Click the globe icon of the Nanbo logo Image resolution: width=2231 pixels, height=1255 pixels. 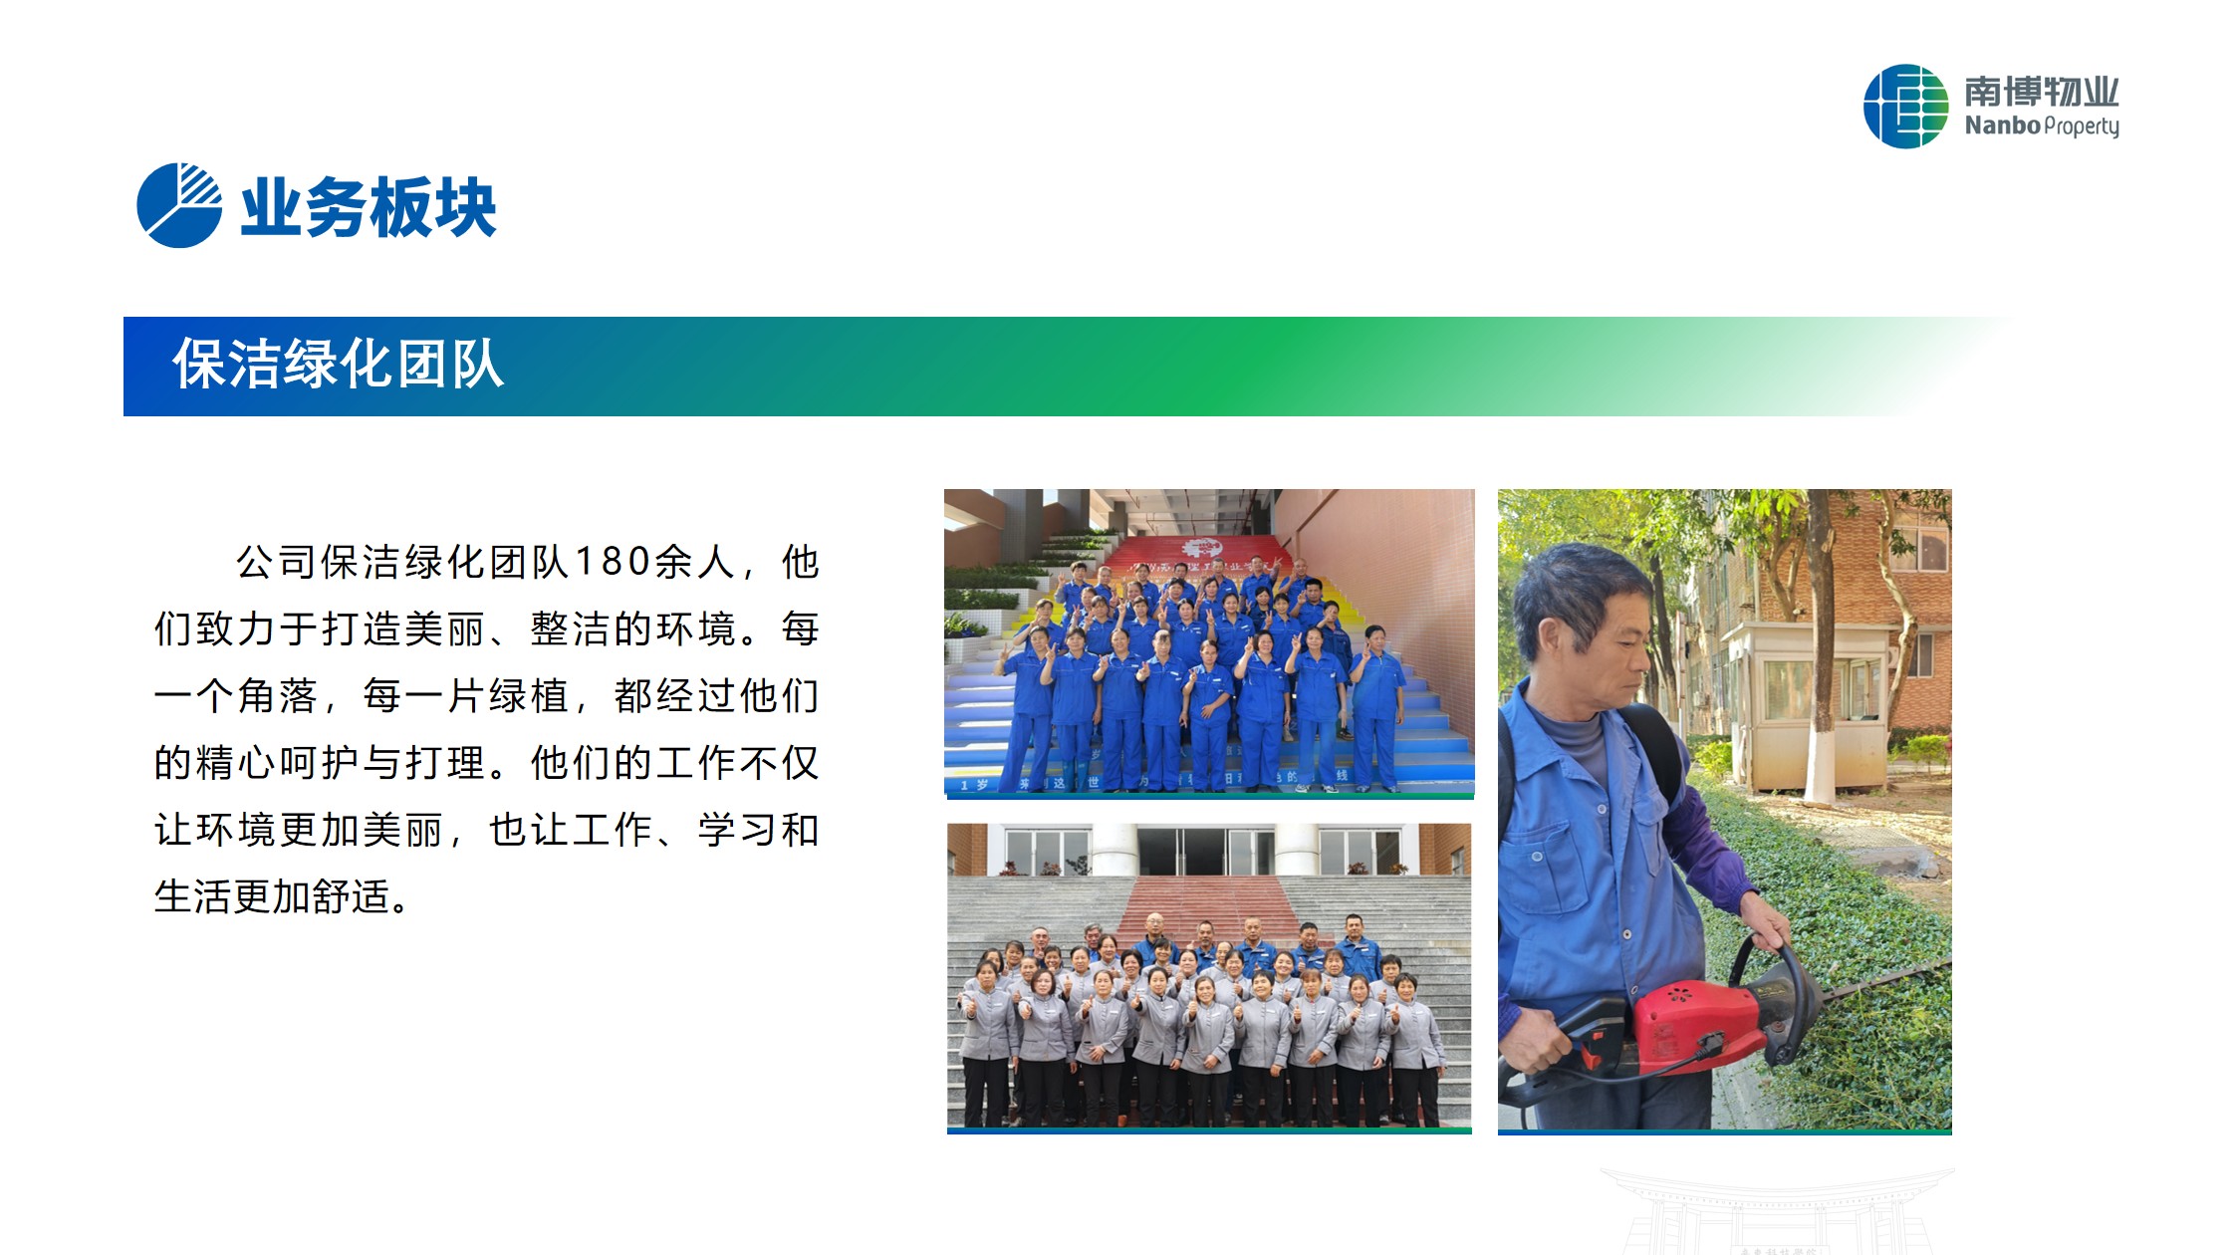pyautogui.click(x=1905, y=107)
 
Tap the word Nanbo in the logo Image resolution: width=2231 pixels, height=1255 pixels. pyautogui.click(x=2002, y=125)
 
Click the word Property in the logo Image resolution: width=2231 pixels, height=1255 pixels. pyautogui.click(x=2082, y=126)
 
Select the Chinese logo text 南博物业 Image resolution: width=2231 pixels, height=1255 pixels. pyautogui.click(x=2042, y=92)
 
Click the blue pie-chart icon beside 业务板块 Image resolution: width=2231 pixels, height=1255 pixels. pyautogui.click(x=179, y=205)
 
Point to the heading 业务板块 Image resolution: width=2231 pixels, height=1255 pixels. pyautogui.click(x=369, y=207)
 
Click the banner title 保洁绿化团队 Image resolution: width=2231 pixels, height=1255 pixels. pyautogui.click(x=339, y=364)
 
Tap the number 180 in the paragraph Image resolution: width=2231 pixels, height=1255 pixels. pyautogui.click(x=613, y=562)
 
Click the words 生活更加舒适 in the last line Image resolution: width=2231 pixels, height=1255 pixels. pyautogui.click(x=271, y=896)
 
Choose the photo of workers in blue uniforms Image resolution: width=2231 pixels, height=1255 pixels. pyautogui.click(x=1209, y=643)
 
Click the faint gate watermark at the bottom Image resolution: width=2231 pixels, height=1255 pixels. pyautogui.click(x=1778, y=1210)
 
